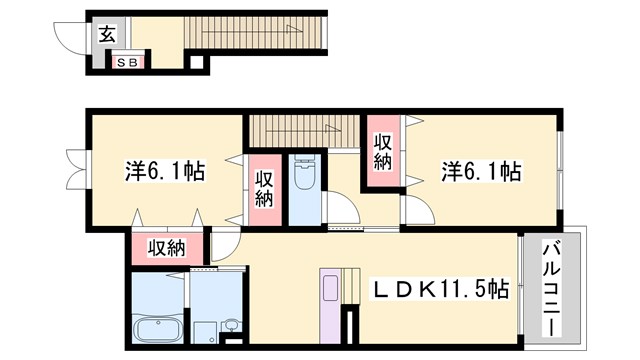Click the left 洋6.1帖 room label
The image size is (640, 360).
point(164,171)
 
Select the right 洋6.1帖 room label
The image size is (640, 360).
point(481,171)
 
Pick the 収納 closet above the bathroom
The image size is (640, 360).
point(167,248)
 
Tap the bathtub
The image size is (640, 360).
point(158,329)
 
